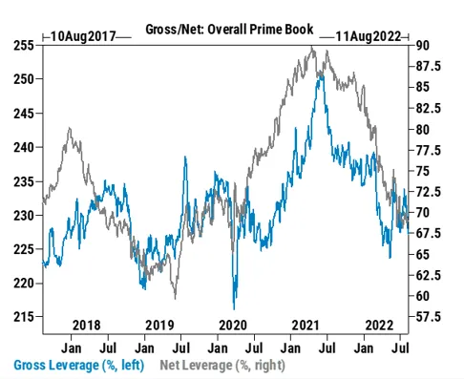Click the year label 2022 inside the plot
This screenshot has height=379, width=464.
(x=381, y=323)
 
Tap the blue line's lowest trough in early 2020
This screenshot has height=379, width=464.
(x=233, y=307)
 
